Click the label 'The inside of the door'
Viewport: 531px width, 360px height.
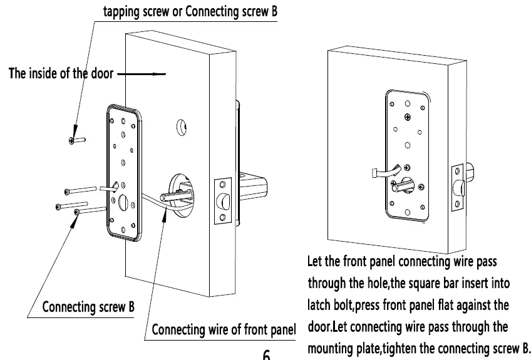pyautogui.click(x=60, y=74)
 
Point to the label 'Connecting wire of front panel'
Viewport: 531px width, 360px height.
pyautogui.click(x=224, y=329)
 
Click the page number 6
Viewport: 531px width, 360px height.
pyautogui.click(x=266, y=355)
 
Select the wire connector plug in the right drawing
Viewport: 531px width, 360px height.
pyautogui.click(x=373, y=172)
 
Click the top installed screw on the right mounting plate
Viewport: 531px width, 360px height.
pyautogui.click(x=408, y=116)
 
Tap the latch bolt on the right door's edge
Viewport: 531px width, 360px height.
pyautogui.click(x=460, y=188)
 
